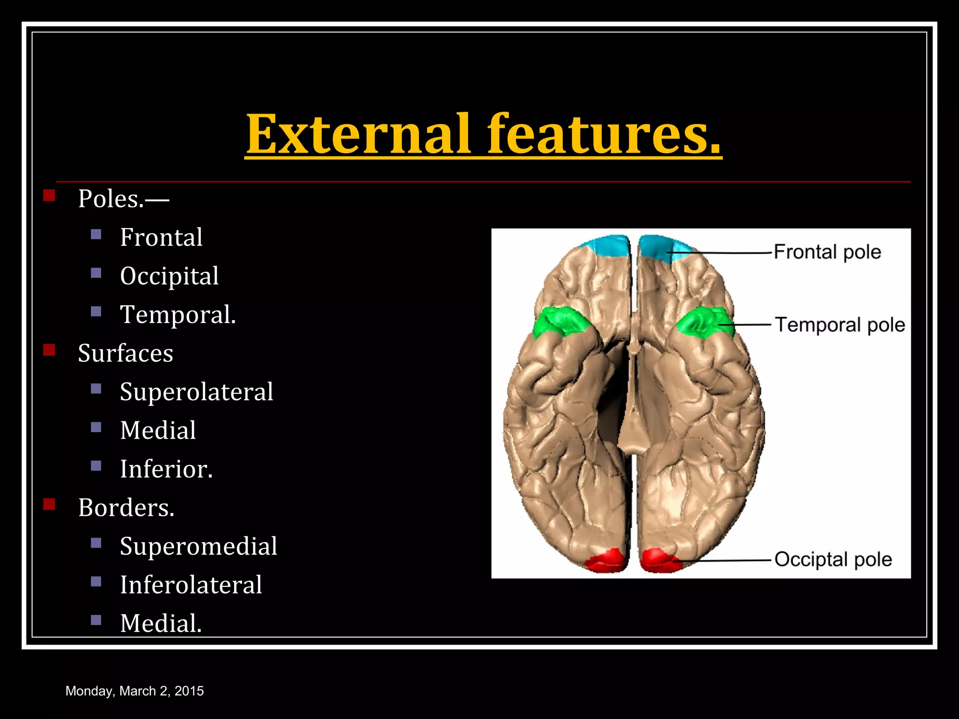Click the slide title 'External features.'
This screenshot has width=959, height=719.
483,134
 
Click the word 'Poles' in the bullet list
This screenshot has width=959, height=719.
111,199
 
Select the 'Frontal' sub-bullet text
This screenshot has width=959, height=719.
161,237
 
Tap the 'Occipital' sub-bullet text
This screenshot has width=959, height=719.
169,276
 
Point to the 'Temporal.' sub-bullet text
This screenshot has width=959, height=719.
178,315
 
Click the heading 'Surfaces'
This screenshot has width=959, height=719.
125,353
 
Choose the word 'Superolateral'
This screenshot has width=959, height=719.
196,392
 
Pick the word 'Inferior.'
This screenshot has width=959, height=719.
166,469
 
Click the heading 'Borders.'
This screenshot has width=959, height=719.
126,507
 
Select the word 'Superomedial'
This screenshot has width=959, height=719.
199,546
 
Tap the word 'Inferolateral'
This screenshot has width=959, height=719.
191,585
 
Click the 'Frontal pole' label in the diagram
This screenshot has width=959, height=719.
827,252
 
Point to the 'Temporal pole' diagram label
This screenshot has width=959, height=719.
840,325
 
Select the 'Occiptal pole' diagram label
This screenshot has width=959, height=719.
833,559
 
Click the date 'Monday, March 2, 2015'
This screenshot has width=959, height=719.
134,691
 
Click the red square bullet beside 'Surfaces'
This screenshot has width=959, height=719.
49,350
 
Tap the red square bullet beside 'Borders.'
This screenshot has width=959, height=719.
49,504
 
